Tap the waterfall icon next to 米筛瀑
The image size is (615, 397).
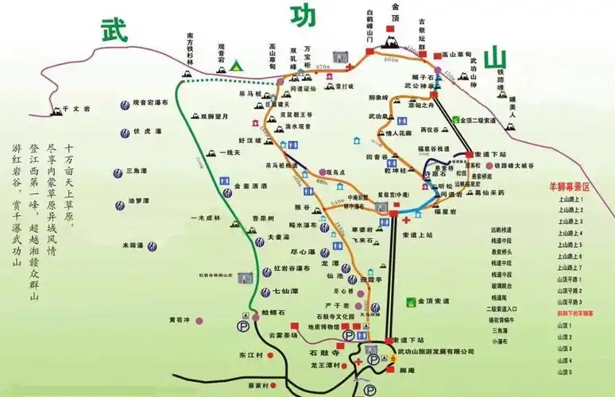pos(120,246)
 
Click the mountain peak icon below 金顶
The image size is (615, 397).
pos(392,40)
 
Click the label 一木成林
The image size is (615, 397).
pos(205,217)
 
